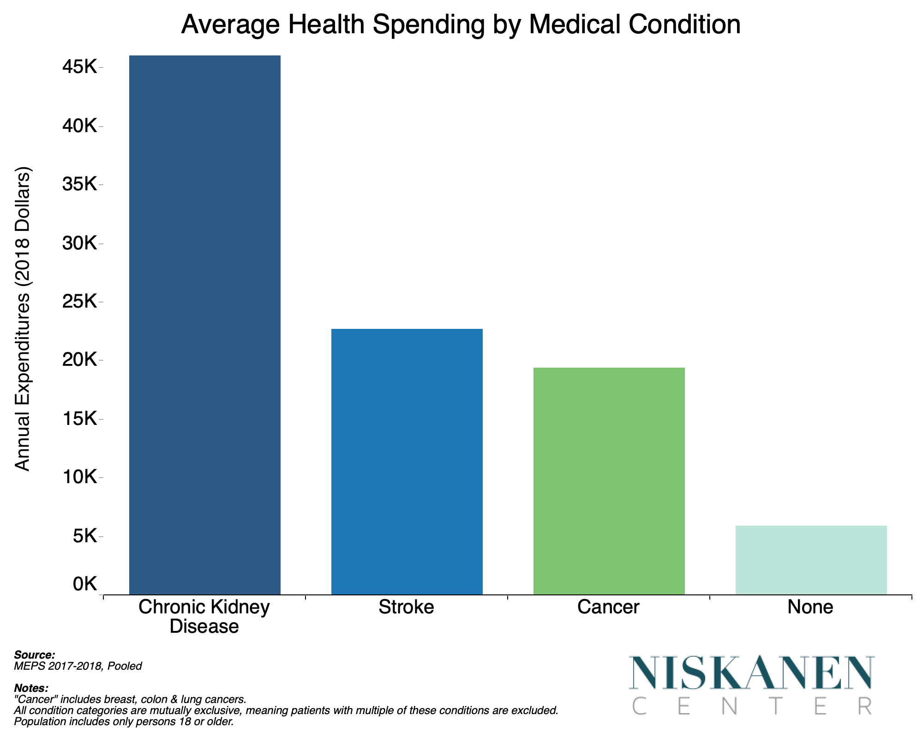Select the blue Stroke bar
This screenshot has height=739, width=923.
(x=407, y=461)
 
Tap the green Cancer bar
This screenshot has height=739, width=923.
(x=609, y=481)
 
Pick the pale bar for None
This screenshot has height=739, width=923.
(x=811, y=560)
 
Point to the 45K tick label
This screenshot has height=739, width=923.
(x=79, y=68)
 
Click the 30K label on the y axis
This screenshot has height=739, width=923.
(x=79, y=243)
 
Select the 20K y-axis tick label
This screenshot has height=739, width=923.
(x=79, y=360)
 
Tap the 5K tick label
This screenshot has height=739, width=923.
(x=84, y=536)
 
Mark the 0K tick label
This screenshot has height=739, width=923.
(x=84, y=584)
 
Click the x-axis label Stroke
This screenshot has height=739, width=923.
(x=406, y=607)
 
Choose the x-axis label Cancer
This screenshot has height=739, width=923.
(x=608, y=607)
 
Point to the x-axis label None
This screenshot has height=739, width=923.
(x=810, y=607)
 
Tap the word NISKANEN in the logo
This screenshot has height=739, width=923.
(x=752, y=673)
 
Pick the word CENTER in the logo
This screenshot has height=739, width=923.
(x=752, y=706)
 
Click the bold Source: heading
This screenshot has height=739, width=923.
(x=35, y=655)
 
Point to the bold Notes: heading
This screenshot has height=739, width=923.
(x=31, y=688)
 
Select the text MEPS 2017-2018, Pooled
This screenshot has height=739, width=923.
(x=78, y=666)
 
